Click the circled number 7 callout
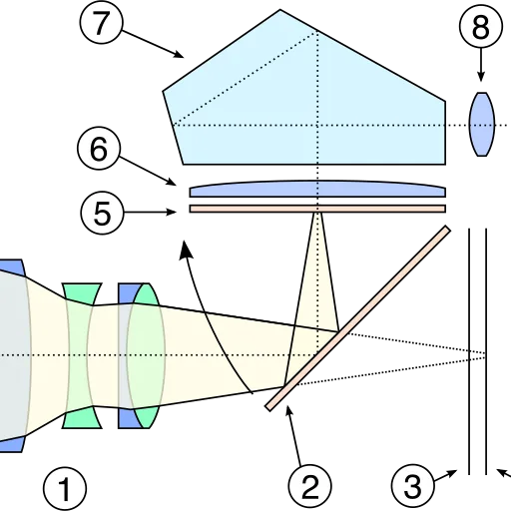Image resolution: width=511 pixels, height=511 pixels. coord(101,22)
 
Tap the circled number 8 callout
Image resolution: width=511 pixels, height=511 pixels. coord(481,27)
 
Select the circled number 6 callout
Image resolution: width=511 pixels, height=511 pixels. coord(99,149)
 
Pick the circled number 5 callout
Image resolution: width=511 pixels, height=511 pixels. coord(102,213)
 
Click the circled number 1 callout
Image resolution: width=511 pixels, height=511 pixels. coord(65,489)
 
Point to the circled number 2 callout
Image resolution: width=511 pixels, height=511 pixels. coord(310,486)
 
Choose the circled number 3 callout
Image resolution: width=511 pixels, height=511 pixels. coord(413,486)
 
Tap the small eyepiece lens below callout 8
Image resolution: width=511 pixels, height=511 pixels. coord(481,124)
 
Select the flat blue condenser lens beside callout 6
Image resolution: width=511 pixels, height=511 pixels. coord(317,190)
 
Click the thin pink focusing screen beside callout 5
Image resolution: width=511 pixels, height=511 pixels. coord(317,209)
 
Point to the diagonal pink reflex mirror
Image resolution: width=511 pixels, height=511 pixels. coord(358,318)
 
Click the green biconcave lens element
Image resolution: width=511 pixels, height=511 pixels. coord(82,355)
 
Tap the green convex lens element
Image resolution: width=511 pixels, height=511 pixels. coord(147,355)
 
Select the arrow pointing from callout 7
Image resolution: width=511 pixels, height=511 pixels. coord(153,44)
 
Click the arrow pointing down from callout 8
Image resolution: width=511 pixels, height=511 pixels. coord(481,65)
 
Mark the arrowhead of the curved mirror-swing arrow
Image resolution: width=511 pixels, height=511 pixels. coord(186,250)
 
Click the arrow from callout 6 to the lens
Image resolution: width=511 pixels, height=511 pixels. coord(148,171)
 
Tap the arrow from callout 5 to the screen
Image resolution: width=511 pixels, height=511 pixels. coord(150,212)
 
